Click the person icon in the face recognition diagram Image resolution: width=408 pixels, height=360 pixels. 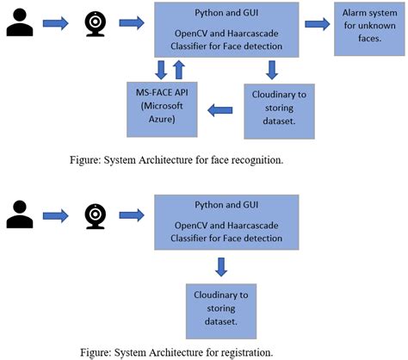tap(19, 22)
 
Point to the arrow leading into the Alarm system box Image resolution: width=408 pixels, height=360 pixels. tap(317, 23)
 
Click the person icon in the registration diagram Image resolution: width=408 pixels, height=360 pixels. tap(19, 213)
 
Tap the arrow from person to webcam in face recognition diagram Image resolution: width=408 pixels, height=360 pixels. tap(56, 23)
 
